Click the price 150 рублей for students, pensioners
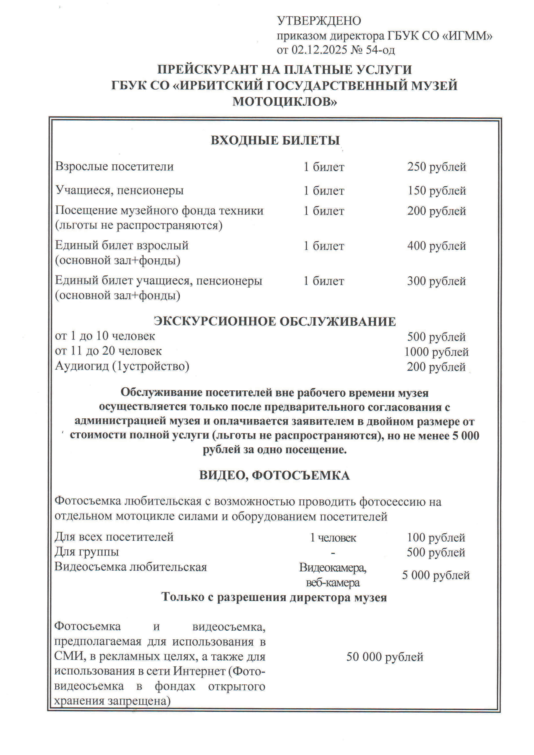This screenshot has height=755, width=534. (437, 191)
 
